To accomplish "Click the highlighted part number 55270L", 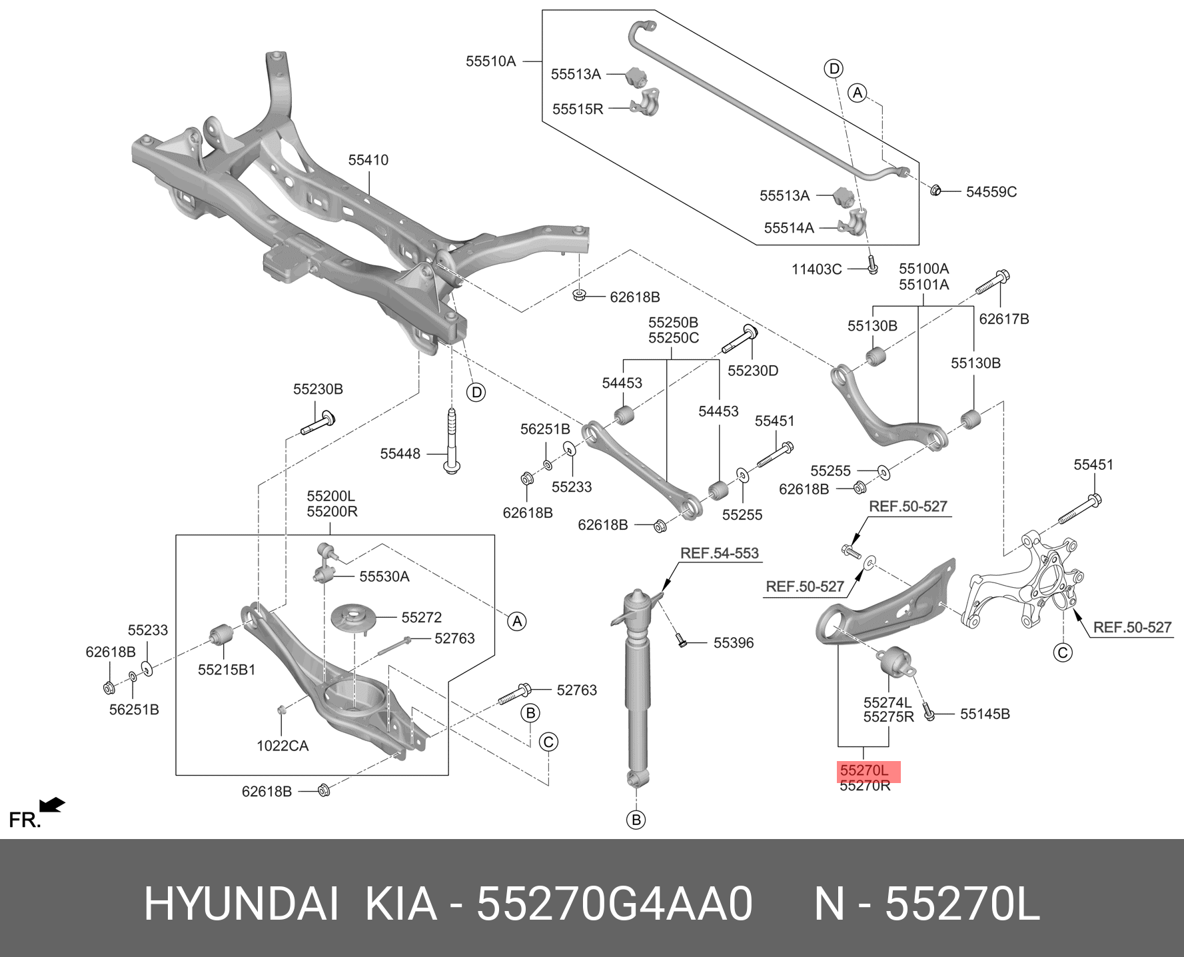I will pyautogui.click(x=864, y=770).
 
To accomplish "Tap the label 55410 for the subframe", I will pyautogui.click(x=368, y=160).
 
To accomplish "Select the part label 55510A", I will pyautogui.click(x=490, y=61).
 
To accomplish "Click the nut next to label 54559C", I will pyautogui.click(x=935, y=191).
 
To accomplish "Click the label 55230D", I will pyautogui.click(x=752, y=371).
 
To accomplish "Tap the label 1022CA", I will pyautogui.click(x=283, y=746).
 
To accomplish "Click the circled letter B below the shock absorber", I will pyautogui.click(x=636, y=819).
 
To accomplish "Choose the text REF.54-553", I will pyautogui.click(x=719, y=552).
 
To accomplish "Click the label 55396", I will pyautogui.click(x=734, y=642).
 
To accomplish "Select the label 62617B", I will pyautogui.click(x=1003, y=319).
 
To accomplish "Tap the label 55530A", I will pyautogui.click(x=384, y=576).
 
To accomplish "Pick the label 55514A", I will pyautogui.click(x=789, y=228).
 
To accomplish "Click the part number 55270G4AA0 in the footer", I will pyautogui.click(x=614, y=904).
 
